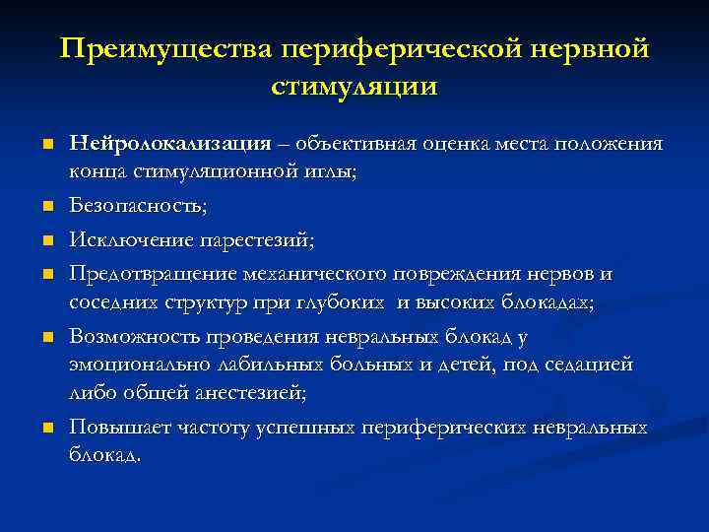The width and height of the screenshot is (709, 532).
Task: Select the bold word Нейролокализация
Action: pos(170,145)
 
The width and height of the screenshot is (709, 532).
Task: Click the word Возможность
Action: pos(136,337)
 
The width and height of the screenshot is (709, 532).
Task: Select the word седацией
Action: pos(588,366)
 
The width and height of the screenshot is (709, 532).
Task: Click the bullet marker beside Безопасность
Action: pos(46,208)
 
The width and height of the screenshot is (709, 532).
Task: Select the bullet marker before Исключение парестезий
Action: pos(46,240)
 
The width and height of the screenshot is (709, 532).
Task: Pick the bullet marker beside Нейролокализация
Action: pos(46,146)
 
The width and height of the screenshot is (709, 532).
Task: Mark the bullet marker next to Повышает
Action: pos(46,429)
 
